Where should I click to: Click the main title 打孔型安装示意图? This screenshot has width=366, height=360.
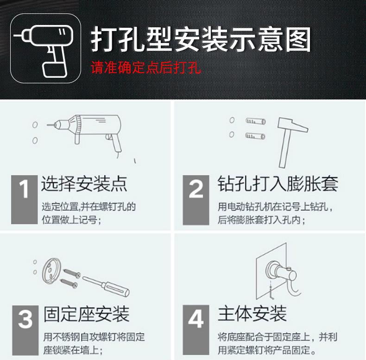tap(200, 40)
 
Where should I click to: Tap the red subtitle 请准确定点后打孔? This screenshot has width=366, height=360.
tap(145, 68)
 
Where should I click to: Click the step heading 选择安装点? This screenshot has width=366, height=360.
tap(84, 184)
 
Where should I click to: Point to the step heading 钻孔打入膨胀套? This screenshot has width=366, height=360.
tap(278, 184)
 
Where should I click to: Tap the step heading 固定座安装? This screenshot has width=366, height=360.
tap(86, 314)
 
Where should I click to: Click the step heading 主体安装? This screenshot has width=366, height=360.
tap(252, 314)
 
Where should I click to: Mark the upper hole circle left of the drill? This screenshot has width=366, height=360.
tap(35, 125)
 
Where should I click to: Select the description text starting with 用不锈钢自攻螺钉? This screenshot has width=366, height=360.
tap(94, 343)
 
